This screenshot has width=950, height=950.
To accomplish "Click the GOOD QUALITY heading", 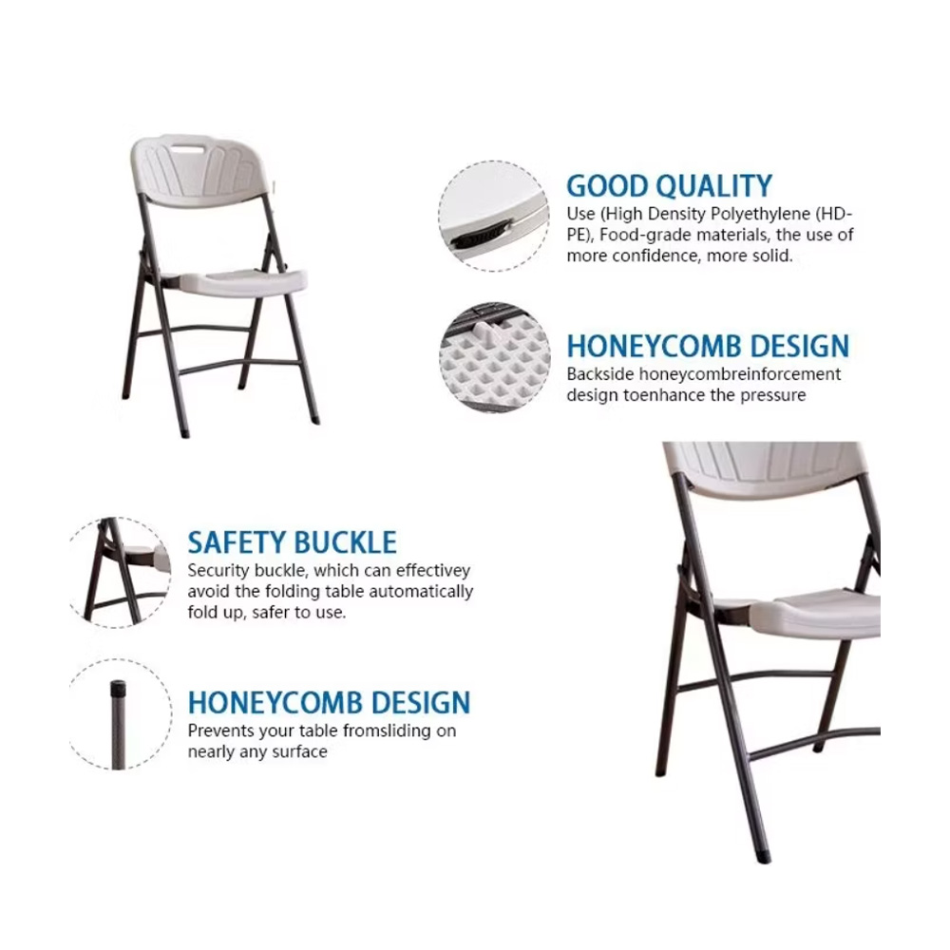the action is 670,186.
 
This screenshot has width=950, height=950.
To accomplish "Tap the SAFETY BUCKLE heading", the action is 292,542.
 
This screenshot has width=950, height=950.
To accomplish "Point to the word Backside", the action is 599,374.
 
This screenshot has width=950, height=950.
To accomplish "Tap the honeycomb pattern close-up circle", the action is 495,357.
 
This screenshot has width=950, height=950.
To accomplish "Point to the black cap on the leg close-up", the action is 118,688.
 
